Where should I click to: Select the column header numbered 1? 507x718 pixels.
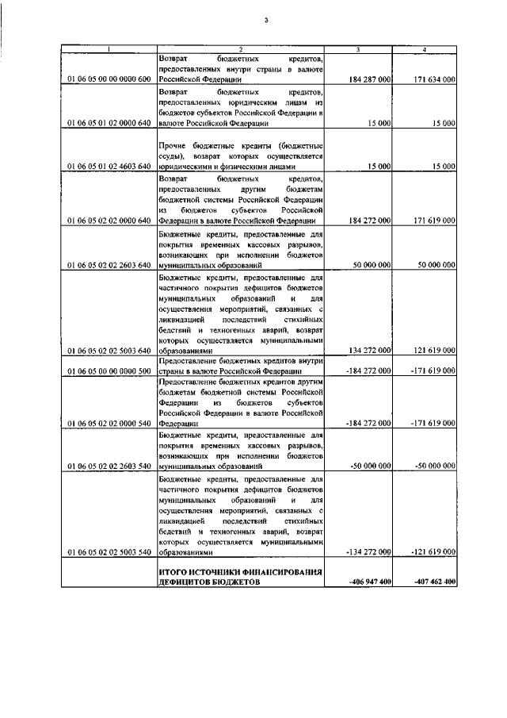[109, 50]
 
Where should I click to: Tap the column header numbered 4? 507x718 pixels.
[425, 50]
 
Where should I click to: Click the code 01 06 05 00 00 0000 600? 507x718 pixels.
[109, 80]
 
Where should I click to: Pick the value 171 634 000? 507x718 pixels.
[434, 80]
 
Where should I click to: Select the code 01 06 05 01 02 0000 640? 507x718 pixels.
[109, 124]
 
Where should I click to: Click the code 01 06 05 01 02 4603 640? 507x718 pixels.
[109, 167]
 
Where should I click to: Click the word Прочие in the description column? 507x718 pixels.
[172, 145]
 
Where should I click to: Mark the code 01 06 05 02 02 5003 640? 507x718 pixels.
[109, 350]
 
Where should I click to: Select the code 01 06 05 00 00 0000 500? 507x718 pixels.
[109, 371]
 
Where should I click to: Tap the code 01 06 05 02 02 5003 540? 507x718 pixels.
[109, 551]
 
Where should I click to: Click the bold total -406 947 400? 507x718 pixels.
[369, 582]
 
